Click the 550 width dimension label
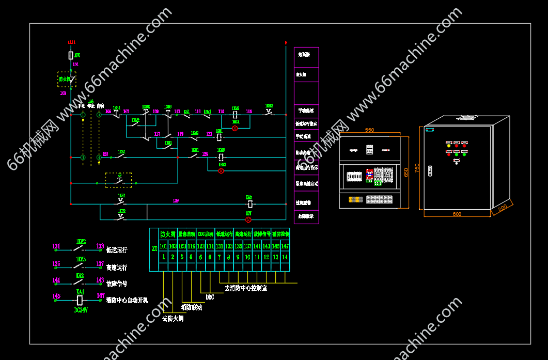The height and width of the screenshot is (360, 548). click(369, 130)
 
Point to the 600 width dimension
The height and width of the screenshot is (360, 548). click(457, 214)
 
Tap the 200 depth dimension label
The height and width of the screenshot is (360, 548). click(502, 207)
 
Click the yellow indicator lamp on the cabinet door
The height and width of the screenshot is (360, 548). click(448, 146)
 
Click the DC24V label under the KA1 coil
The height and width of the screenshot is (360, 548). click(81, 310)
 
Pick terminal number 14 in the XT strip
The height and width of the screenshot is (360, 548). click(285, 257)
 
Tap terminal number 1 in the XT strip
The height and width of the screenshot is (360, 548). click(163, 257)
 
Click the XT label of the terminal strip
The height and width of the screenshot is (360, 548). click(154, 248)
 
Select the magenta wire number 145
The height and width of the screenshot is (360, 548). click(56, 296)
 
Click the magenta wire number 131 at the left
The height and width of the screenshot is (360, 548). click(56, 246)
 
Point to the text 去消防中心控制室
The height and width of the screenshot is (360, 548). click(245, 288)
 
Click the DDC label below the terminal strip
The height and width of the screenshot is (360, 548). click(210, 298)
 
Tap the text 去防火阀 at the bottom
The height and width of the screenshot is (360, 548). click(173, 319)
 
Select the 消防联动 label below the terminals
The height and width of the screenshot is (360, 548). click(192, 307)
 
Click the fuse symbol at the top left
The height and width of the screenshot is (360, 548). click(71, 55)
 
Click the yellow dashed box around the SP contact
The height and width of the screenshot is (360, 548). click(118, 180)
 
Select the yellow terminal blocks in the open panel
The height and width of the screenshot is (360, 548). click(355, 199)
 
